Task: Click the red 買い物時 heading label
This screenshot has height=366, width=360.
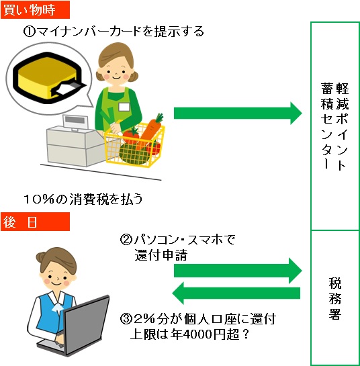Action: pos(35,9)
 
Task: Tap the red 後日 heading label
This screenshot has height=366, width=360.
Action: pos(35,222)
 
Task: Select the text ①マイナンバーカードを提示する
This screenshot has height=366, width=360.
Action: pos(114,32)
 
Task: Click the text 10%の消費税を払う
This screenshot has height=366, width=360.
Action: pos(83,199)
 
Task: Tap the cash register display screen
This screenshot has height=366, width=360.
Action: pos(75,120)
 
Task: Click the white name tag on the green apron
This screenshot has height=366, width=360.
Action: pos(124,107)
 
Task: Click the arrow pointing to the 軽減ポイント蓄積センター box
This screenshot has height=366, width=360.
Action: pos(238,113)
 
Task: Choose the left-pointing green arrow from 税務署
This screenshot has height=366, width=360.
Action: pos(236,293)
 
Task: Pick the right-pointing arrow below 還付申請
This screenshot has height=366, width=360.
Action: pos(238,271)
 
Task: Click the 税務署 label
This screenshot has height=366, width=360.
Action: pos(335,298)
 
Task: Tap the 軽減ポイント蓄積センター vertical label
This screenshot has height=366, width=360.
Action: pos(334,126)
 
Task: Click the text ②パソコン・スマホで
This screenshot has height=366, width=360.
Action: pos(177,240)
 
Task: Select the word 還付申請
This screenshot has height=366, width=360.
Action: pos(161,255)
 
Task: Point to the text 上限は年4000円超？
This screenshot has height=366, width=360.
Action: pos(189,334)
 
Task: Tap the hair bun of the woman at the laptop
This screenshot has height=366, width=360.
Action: pos(42,257)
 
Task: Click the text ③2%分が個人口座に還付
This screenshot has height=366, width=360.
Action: pos(198,319)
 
